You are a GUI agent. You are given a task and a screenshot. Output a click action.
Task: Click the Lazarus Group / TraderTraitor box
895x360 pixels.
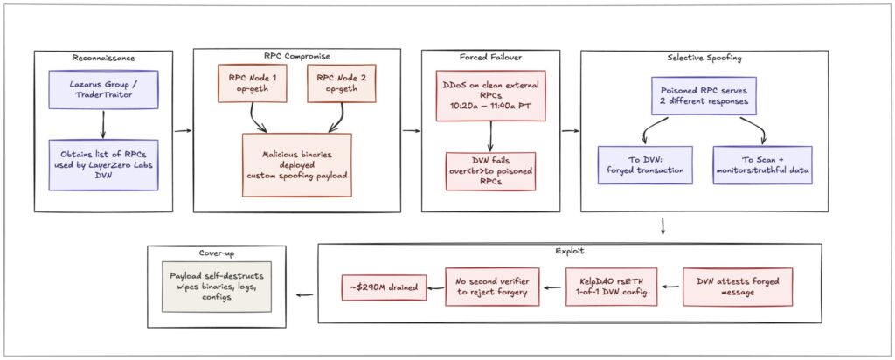(103, 91)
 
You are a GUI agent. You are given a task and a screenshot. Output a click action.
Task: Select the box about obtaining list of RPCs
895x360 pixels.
(103, 165)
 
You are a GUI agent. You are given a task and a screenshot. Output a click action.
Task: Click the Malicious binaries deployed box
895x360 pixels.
(297, 165)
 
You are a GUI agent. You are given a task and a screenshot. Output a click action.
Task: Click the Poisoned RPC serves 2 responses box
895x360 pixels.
(704, 96)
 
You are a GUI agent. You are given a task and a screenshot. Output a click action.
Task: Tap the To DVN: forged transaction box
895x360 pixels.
(645, 165)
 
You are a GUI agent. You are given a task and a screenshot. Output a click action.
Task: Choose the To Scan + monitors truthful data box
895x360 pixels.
(762, 165)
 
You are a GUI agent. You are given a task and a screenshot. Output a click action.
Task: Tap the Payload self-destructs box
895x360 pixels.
(217, 287)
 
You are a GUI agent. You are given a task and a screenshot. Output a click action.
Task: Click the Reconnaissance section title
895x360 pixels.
(103, 58)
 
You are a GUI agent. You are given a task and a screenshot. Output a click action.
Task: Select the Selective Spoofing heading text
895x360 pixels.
(704, 58)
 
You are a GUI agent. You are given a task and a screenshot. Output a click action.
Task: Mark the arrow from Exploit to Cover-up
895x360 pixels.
(306, 295)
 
